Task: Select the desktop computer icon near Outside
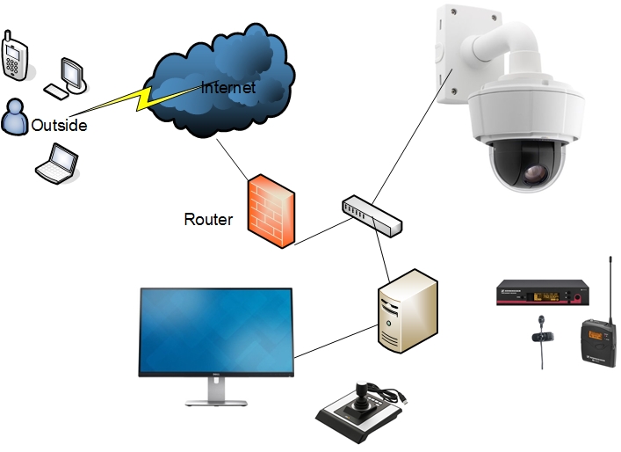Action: point(69,76)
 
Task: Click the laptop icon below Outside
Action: point(56,164)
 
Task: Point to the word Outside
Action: point(59,126)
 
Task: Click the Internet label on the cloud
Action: point(227,88)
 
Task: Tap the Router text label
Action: point(208,219)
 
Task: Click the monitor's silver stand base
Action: point(215,401)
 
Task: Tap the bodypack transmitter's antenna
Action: point(610,286)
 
